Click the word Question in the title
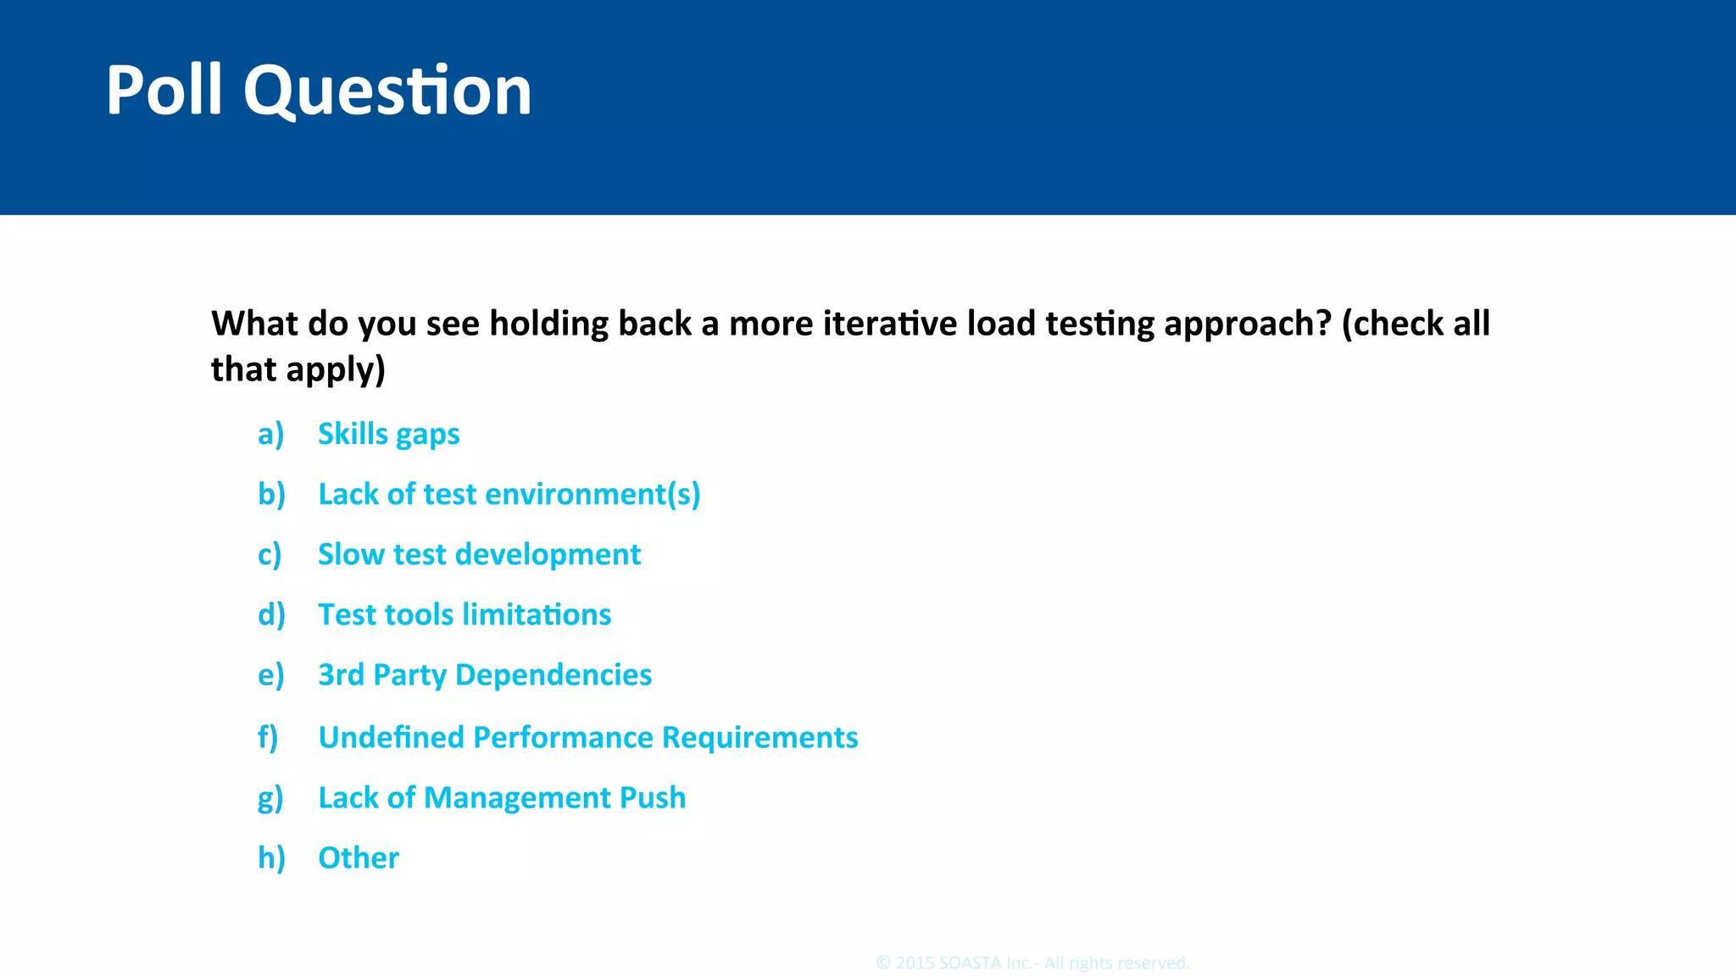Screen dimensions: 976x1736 tap(387, 91)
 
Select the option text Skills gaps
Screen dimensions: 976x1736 tap(388, 434)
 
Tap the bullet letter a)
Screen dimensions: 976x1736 tap(270, 434)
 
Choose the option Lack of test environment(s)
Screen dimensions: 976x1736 tap(509, 494)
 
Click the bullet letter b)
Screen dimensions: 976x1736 tap(271, 494)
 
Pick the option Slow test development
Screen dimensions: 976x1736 tap(479, 554)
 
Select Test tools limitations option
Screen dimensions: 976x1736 tap(465, 614)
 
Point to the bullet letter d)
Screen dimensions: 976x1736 tap(271, 614)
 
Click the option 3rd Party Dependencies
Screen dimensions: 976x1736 tap(485, 674)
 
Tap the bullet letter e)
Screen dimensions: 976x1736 tap(270, 675)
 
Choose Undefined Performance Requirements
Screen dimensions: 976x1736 tap(587, 737)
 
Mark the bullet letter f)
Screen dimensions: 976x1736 tap(268, 737)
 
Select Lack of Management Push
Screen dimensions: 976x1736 tap(502, 797)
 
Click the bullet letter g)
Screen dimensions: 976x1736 tap(270, 798)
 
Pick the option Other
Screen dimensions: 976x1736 tap(358, 857)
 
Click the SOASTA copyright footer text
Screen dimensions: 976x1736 tap(1032, 963)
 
